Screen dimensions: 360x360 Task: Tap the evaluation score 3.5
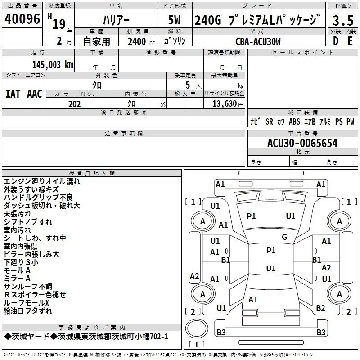coord(343,20)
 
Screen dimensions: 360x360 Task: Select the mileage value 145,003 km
coord(53,65)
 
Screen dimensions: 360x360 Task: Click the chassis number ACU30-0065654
coord(302,143)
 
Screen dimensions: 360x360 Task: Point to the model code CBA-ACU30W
coord(258,41)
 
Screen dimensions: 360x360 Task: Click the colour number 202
coord(75,104)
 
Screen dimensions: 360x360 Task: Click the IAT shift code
coord(13,94)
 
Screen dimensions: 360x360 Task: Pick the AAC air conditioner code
coord(35,94)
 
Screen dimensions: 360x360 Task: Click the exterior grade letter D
coord(336,41)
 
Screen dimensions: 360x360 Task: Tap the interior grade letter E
coord(350,41)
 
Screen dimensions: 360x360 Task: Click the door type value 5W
coord(175,21)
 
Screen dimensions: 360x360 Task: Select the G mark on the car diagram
coord(284,237)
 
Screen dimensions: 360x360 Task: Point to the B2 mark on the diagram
coord(320,308)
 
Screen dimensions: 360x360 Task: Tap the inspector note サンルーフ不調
coord(28,287)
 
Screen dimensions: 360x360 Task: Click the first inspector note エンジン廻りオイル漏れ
coord(42,181)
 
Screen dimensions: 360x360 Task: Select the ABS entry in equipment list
coord(294,121)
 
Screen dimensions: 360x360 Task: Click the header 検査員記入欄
coord(92,173)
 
